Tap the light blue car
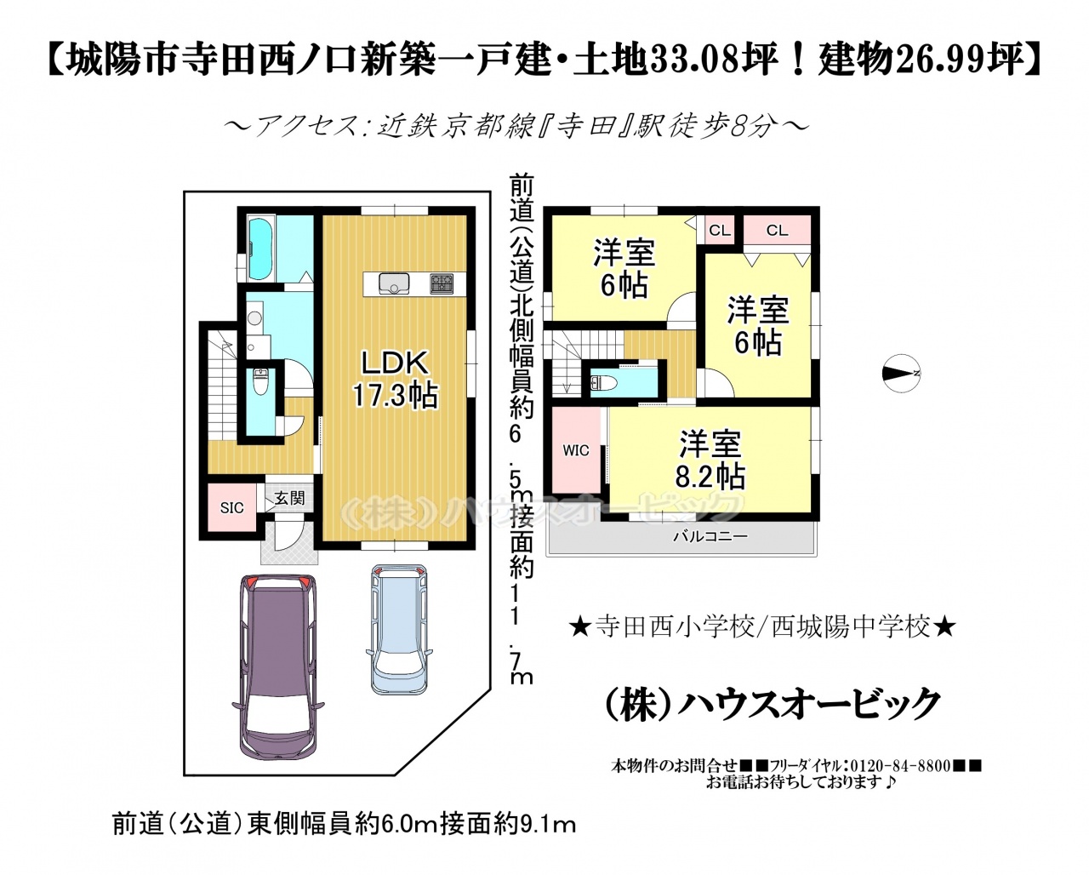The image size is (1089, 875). pyautogui.click(x=399, y=629)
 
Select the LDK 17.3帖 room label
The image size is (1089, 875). pyautogui.click(x=395, y=379)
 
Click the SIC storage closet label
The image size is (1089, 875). pyautogui.click(x=231, y=508)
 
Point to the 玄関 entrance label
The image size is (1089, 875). pyautogui.click(x=289, y=498)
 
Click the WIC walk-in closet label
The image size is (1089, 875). pyautogui.click(x=576, y=450)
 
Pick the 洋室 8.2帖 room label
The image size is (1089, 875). pyautogui.click(x=710, y=460)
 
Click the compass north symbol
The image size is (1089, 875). pyautogui.click(x=901, y=373)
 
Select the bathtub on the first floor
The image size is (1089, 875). pyautogui.click(x=261, y=250)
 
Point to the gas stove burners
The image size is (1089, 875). pyautogui.click(x=442, y=283)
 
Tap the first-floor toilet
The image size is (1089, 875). pyautogui.click(x=261, y=382)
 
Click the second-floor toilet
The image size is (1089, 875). pyautogui.click(x=603, y=383)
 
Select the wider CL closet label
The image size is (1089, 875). pyautogui.click(x=778, y=231)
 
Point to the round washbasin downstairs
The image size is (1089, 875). pyautogui.click(x=254, y=318)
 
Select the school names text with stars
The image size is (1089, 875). pyautogui.click(x=762, y=628)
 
